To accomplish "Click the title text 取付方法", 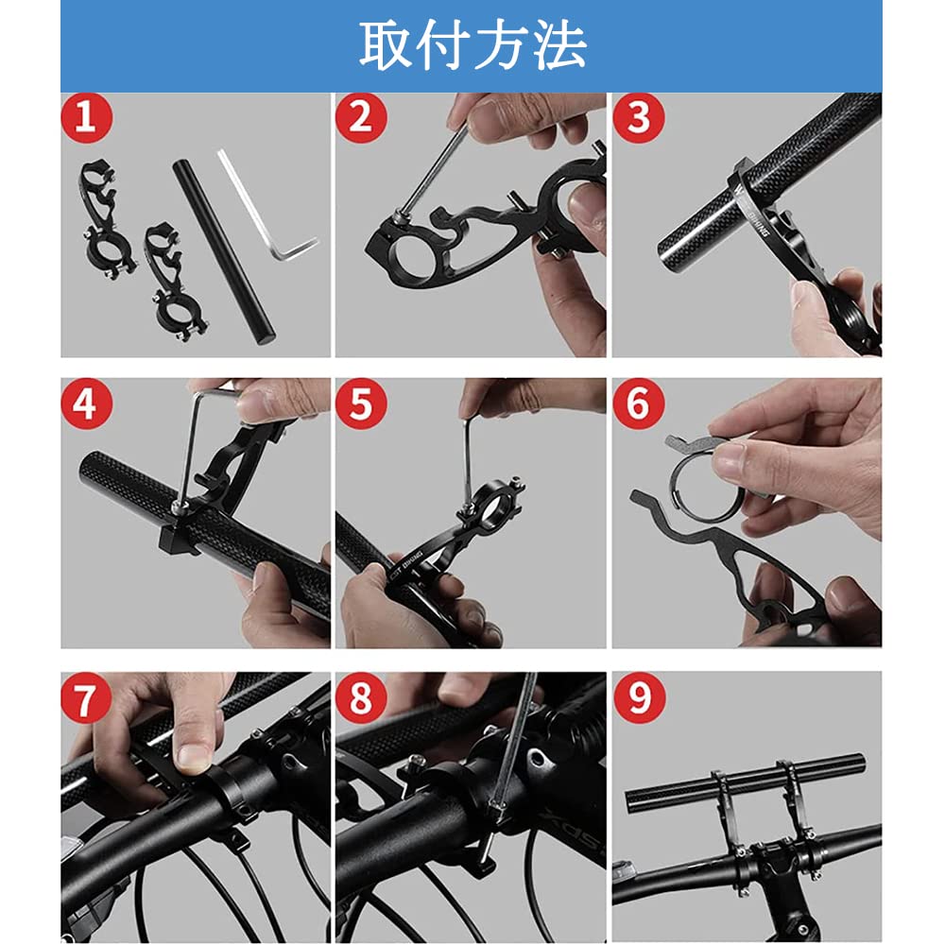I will pos(472,44).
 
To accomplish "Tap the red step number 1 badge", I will pos(87,118).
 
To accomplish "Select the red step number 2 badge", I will pos(360,118).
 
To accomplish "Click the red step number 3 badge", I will pos(639,118).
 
